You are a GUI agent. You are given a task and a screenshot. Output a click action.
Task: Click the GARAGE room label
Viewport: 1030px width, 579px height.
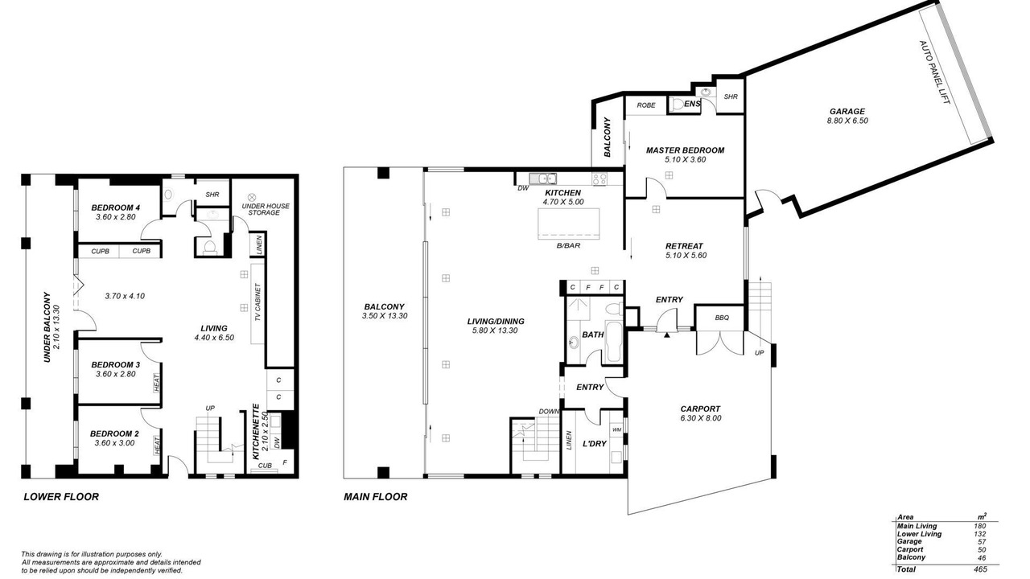click(x=847, y=111)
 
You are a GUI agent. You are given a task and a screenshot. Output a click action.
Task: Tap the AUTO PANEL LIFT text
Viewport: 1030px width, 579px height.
click(x=934, y=72)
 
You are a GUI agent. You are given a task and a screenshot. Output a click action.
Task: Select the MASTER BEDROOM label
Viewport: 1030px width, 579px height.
click(x=685, y=150)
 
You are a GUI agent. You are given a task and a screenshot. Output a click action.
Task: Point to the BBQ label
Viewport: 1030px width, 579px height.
click(x=722, y=318)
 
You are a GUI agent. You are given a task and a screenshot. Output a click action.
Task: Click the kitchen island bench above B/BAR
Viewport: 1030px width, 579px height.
click(x=569, y=224)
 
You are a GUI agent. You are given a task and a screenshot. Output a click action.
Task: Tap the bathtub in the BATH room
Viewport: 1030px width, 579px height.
click(x=613, y=342)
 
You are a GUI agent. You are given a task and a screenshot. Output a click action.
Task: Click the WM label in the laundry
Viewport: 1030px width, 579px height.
click(x=616, y=429)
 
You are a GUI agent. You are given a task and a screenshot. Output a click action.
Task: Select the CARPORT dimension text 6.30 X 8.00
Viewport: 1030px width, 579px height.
click(x=700, y=418)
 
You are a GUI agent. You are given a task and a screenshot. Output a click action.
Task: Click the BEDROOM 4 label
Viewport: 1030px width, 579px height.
click(x=115, y=207)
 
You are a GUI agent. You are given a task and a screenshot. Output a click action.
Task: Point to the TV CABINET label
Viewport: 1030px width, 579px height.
click(x=257, y=303)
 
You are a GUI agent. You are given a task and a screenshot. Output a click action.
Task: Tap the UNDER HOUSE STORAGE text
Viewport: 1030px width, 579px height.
click(x=266, y=209)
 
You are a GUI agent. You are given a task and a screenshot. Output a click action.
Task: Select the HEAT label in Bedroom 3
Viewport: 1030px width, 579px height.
click(x=156, y=383)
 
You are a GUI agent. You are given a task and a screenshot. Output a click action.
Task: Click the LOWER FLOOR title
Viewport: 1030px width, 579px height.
click(x=61, y=497)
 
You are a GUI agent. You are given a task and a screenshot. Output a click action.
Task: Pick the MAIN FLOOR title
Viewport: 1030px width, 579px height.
click(x=375, y=497)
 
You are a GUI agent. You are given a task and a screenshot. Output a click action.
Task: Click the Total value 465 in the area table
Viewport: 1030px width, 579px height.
click(x=980, y=569)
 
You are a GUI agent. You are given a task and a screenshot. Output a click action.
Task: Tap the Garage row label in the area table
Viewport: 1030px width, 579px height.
click(x=909, y=542)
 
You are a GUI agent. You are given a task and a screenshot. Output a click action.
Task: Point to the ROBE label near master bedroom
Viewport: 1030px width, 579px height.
click(x=646, y=105)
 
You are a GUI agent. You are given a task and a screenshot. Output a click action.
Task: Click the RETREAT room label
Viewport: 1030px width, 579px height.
click(x=684, y=246)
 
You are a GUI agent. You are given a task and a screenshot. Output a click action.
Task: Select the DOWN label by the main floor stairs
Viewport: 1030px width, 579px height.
click(x=549, y=411)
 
